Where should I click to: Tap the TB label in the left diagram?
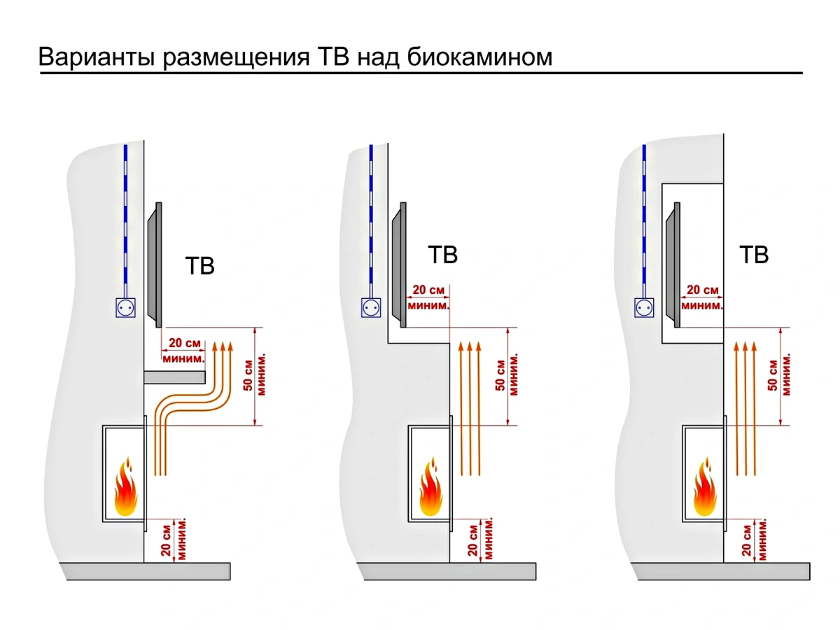199,267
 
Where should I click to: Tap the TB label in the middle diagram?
442,254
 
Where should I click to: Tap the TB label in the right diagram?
754,254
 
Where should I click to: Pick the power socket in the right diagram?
645,307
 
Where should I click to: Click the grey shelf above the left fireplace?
174,377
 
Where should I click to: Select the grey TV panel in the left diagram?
155,265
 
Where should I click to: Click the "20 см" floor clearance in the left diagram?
166,540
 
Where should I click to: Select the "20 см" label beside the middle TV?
428,290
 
